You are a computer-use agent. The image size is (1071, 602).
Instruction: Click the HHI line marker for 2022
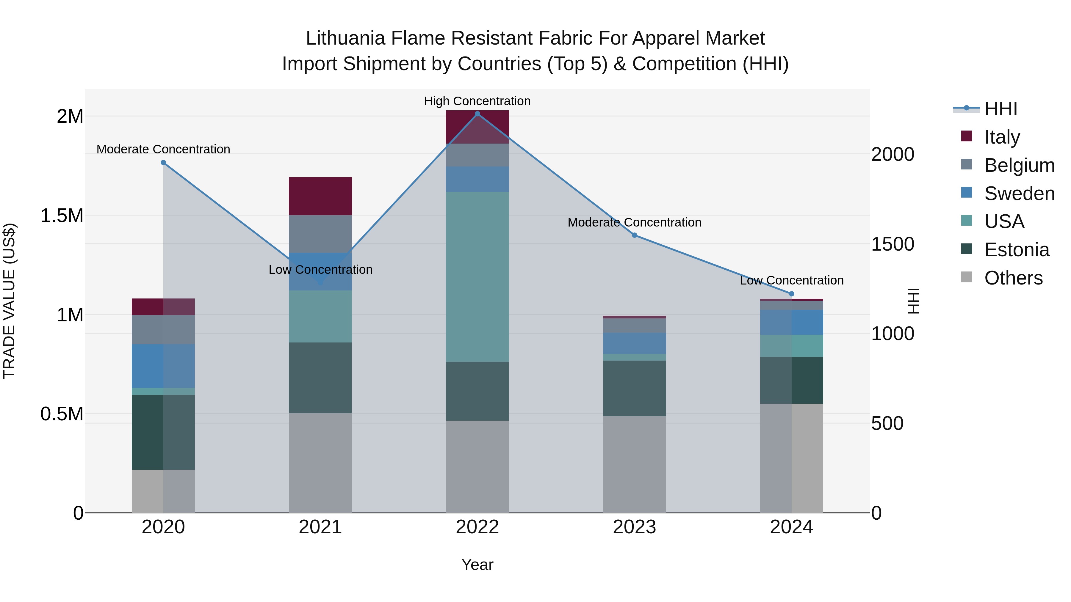click(x=477, y=114)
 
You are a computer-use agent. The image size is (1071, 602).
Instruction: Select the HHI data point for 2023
click(x=635, y=235)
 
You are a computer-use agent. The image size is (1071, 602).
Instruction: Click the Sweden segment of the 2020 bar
click(x=163, y=366)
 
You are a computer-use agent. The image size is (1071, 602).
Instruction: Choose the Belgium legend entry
click(x=1019, y=165)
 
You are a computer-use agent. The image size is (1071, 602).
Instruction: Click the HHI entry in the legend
click(x=1000, y=109)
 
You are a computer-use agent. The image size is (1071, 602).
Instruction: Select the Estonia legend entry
click(x=1016, y=250)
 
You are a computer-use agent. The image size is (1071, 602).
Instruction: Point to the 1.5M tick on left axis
click(x=62, y=216)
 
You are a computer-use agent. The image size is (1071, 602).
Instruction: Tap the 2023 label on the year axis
click(x=635, y=527)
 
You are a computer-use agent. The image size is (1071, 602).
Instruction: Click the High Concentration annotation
click(x=477, y=101)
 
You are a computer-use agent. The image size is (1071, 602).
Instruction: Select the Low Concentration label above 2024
click(x=792, y=280)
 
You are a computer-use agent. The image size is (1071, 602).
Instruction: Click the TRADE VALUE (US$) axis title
click(x=9, y=301)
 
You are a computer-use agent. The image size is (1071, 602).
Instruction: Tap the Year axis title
click(x=477, y=565)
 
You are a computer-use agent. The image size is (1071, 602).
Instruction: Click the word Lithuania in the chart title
click(x=345, y=38)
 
